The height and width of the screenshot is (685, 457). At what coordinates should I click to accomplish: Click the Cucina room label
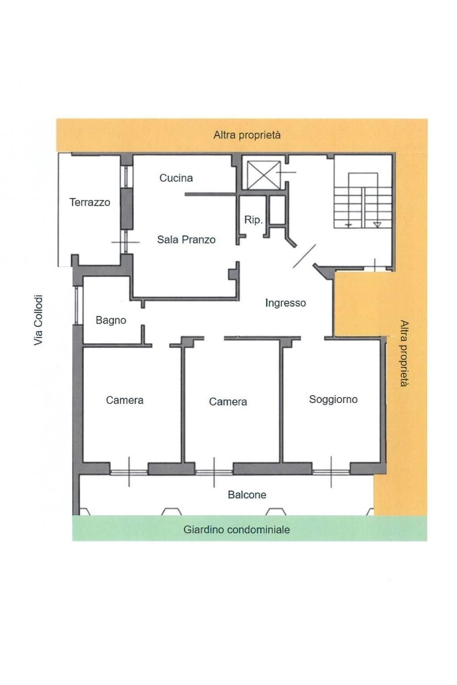[x=176, y=178]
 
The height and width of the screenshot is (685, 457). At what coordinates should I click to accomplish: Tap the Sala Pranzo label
[x=186, y=240]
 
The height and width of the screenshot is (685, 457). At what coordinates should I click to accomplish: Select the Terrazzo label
[x=90, y=202]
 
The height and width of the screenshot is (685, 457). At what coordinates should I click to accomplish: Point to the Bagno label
[x=111, y=320]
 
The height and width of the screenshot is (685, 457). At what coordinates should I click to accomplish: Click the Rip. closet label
[x=253, y=220]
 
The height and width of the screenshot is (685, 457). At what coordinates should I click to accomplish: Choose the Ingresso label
[x=285, y=303]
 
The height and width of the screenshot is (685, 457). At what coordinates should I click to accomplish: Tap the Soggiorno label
[x=333, y=399]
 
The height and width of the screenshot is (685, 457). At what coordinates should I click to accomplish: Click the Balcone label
[x=247, y=494]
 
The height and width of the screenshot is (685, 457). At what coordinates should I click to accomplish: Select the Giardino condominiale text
[x=236, y=530]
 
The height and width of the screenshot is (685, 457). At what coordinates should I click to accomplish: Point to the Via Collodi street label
[x=39, y=320]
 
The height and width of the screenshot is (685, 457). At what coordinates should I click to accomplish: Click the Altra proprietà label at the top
[x=247, y=135]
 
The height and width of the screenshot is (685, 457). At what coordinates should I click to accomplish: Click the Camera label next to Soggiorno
[x=228, y=402]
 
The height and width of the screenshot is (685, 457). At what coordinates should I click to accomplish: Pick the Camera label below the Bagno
[x=125, y=400]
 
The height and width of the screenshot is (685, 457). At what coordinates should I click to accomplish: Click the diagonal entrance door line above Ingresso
[x=304, y=256]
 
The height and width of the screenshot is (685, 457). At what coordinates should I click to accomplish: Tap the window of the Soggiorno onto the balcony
[x=331, y=471]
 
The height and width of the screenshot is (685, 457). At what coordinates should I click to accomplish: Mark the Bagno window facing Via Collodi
[x=77, y=305]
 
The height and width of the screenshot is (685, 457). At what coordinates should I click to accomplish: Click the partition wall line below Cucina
[x=210, y=195]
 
